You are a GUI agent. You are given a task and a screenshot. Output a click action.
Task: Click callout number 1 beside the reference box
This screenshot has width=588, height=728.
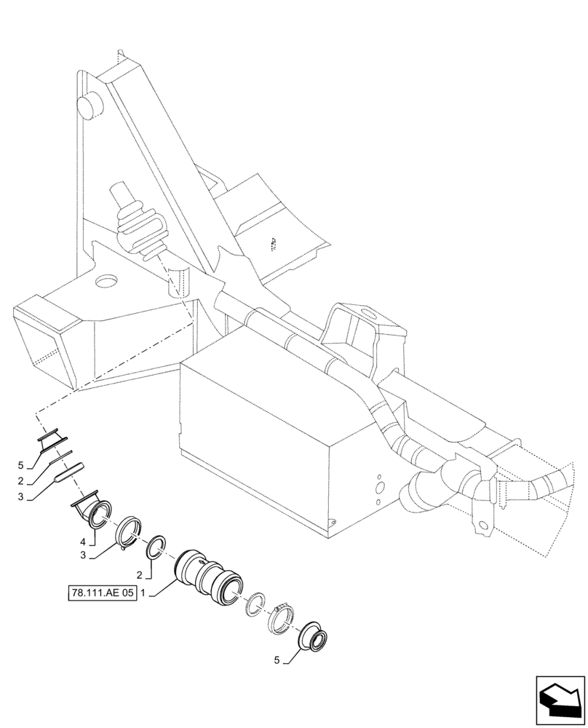tap(144, 593)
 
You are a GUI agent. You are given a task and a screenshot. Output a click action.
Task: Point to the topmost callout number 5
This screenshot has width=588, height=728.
tap(21, 465)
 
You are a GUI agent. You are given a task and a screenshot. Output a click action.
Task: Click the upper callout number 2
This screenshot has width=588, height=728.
tap(21, 481)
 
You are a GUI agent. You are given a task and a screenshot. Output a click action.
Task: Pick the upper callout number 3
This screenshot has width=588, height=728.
tap(21, 497)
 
